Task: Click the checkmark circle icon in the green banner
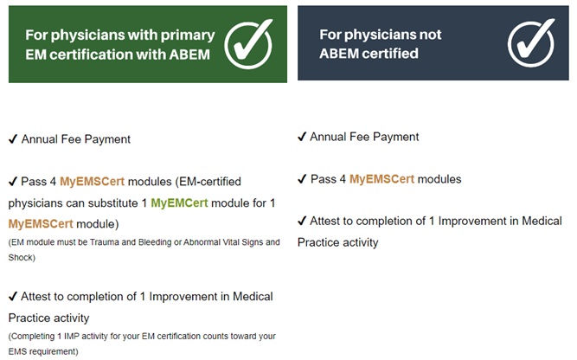248,42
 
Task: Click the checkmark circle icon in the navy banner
530,42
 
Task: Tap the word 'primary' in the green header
189,35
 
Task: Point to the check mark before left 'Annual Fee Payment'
13,138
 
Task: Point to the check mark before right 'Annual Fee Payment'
302,137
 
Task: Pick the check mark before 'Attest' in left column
13,297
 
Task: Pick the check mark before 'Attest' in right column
302,221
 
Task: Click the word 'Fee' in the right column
360,137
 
